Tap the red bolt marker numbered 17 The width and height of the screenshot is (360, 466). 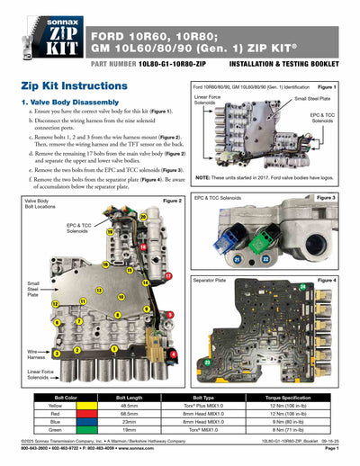pyautogui.click(x=169, y=275)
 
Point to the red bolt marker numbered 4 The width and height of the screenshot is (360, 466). pyautogui.click(x=173, y=354)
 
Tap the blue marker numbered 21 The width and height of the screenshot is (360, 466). pyautogui.click(x=238, y=259)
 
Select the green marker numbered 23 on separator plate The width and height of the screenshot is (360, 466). pyautogui.click(x=209, y=362)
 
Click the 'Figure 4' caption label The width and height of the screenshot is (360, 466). pyautogui.click(x=327, y=280)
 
